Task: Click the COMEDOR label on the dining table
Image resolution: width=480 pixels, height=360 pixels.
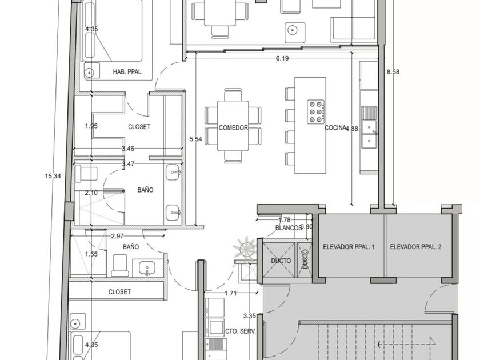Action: click(x=233, y=127)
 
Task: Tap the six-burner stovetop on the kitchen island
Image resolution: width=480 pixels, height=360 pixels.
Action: click(x=316, y=112)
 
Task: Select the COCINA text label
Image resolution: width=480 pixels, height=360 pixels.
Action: click(x=335, y=127)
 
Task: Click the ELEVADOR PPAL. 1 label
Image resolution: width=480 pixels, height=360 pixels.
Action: click(x=349, y=247)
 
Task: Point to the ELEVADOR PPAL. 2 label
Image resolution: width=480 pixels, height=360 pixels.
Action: click(x=416, y=247)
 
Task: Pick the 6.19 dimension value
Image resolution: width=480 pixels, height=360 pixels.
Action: click(x=282, y=58)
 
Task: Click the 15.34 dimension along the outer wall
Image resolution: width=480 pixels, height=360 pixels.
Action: click(x=53, y=176)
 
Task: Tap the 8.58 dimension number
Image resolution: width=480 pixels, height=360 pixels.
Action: click(x=393, y=72)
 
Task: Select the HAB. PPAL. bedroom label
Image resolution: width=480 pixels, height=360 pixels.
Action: click(x=128, y=72)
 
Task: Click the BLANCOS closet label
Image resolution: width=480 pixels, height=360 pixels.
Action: click(x=288, y=228)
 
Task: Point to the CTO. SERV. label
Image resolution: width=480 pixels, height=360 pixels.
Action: click(x=241, y=331)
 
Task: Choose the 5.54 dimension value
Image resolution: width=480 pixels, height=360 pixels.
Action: click(x=195, y=139)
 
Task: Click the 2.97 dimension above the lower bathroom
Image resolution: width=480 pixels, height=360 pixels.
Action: click(x=117, y=236)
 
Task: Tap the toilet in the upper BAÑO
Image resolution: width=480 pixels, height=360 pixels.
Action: click(x=86, y=174)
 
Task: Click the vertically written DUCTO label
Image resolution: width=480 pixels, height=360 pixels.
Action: click(x=305, y=259)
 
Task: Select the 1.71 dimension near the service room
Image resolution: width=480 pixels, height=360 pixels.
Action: click(x=230, y=293)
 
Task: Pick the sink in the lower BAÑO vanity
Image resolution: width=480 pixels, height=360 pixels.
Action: click(x=147, y=268)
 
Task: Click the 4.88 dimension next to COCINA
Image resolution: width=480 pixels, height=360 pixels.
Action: click(x=352, y=129)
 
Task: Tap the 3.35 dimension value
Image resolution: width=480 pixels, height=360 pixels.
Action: click(x=250, y=316)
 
